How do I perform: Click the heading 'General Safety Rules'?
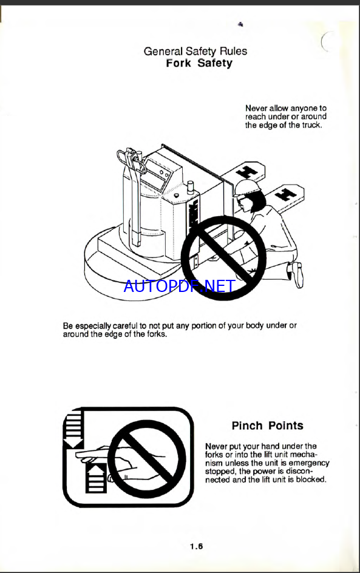[x=195, y=51]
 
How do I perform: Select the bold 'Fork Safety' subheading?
[x=199, y=63]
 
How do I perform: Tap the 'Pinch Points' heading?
[x=268, y=426]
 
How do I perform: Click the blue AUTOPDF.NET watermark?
[x=179, y=286]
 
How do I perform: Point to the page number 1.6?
[x=196, y=547]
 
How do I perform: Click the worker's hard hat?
[x=248, y=186]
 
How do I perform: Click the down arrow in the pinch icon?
[x=74, y=429]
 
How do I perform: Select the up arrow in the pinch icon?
[x=96, y=478]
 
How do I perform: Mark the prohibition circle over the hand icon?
[x=147, y=458]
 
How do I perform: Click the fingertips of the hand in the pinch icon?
[x=80, y=455]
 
